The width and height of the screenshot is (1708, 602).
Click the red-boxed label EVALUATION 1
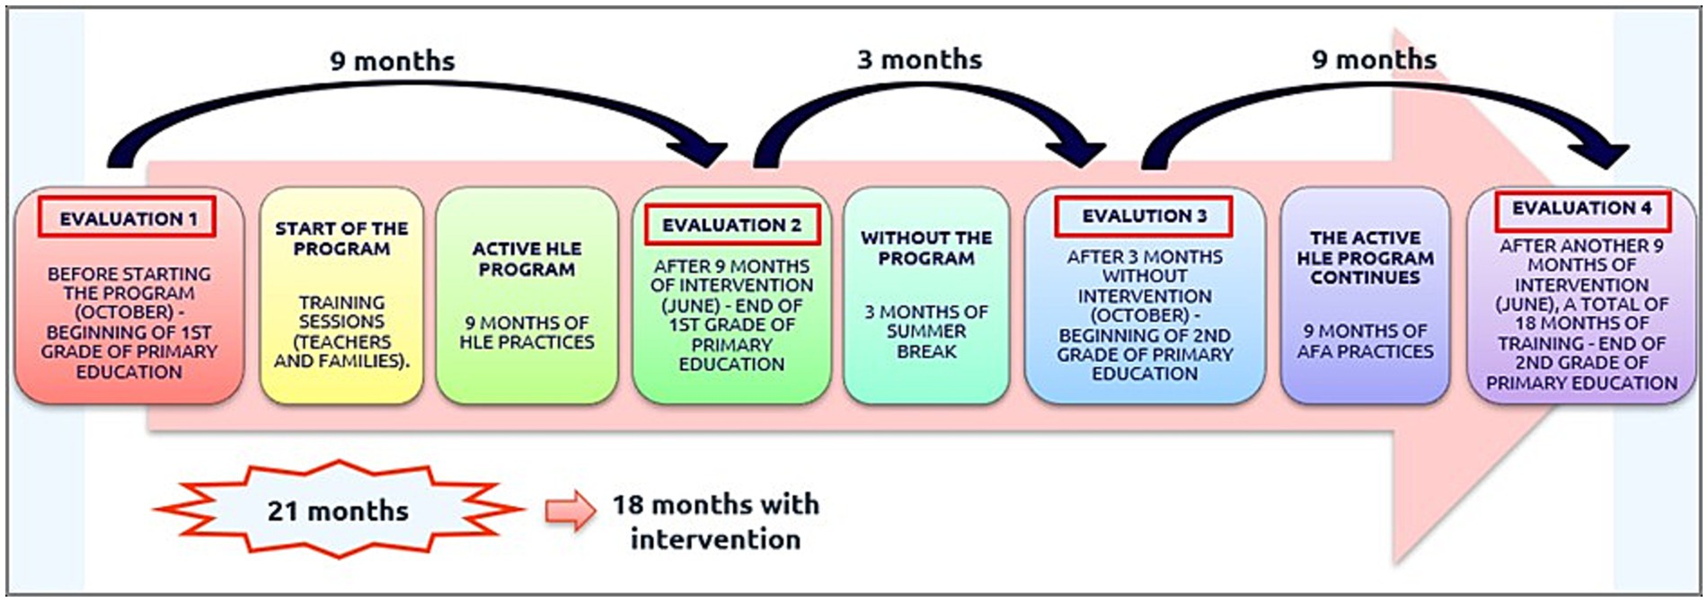[x=127, y=217]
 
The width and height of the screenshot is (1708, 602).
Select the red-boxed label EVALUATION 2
[x=731, y=225]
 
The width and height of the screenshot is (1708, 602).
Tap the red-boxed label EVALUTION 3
[x=1144, y=217]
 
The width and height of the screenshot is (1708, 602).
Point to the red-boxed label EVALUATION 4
[x=1582, y=209]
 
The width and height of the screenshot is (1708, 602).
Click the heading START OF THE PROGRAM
[x=341, y=238]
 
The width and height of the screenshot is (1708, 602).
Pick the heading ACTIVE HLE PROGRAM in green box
[x=527, y=259]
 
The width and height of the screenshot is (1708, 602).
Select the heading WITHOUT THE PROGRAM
[x=926, y=248]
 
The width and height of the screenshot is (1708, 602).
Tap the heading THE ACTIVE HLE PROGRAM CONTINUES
[x=1365, y=258]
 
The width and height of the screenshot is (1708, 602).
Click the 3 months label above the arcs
[x=919, y=59]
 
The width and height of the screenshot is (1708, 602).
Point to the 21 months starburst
[x=339, y=509]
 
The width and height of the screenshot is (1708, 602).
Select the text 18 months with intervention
[x=715, y=521]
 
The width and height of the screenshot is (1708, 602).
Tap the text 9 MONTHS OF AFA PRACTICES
[x=1365, y=341]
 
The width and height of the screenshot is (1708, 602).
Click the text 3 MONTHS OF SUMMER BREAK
[x=926, y=332]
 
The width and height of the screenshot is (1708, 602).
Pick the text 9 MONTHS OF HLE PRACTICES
[x=527, y=332]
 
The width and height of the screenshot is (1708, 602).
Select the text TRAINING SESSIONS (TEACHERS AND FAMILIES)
[x=341, y=332]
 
